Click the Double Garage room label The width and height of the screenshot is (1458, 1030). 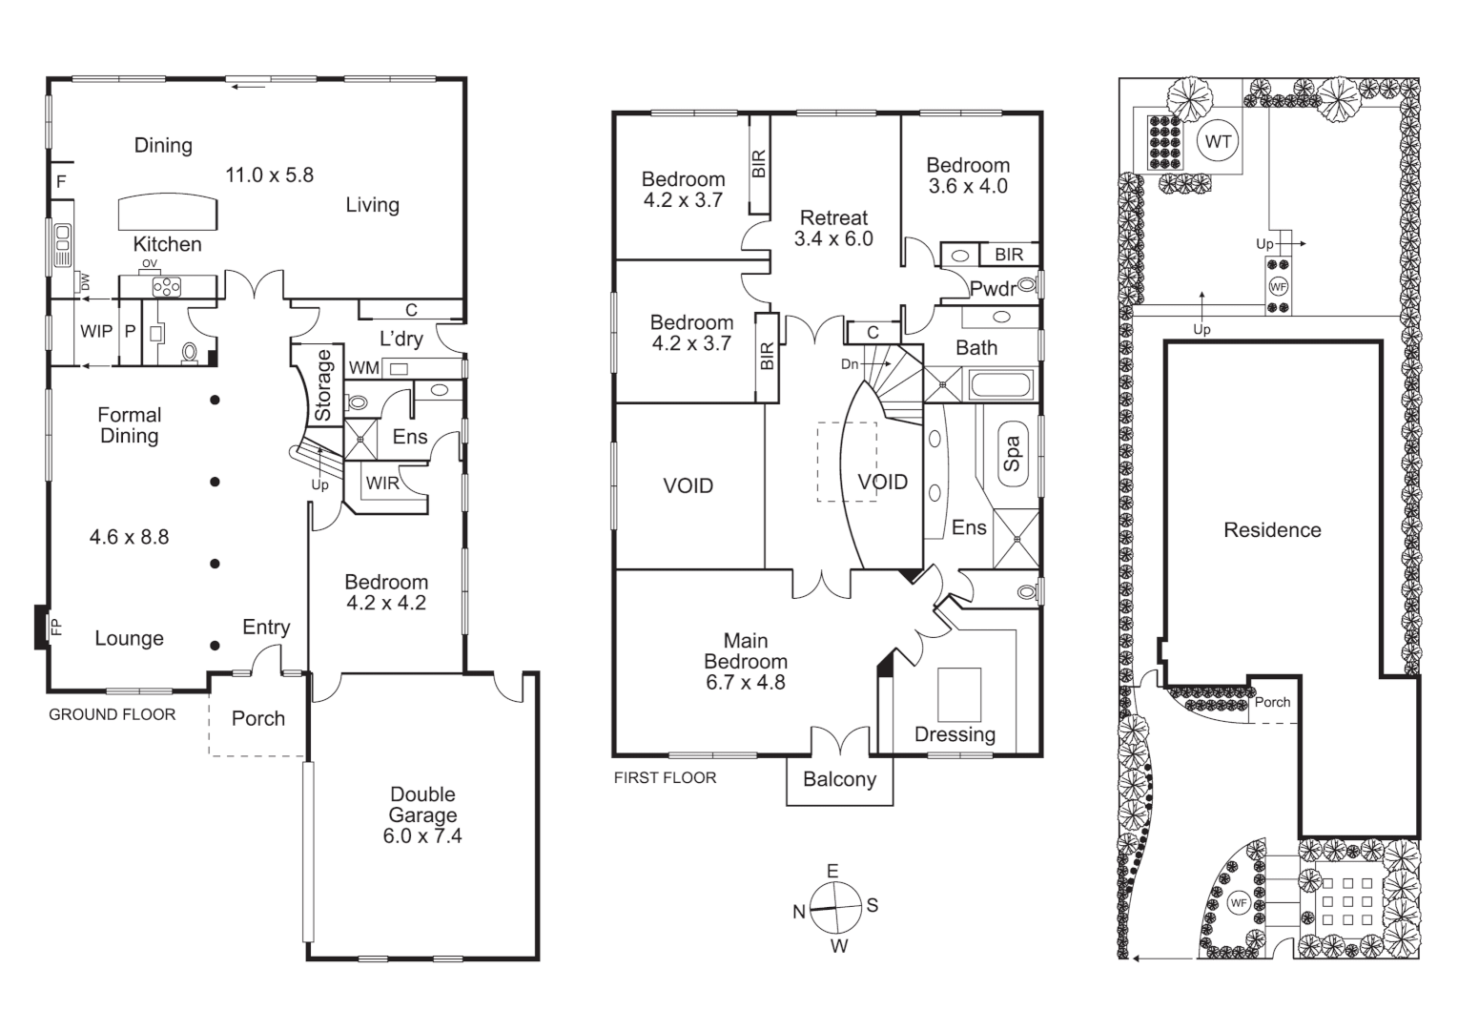422,804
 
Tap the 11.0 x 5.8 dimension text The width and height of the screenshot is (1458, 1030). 269,175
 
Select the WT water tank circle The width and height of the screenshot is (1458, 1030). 1218,142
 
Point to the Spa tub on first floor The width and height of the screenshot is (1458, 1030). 1013,454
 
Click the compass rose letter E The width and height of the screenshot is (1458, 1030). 832,871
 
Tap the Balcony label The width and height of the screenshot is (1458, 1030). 839,779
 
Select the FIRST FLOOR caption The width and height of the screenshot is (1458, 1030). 665,778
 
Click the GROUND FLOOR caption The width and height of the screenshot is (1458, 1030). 112,714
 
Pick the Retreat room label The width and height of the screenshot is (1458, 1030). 833,217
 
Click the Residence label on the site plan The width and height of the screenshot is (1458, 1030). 1272,530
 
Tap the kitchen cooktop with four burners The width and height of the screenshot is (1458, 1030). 167,285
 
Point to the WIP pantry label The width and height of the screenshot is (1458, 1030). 96,331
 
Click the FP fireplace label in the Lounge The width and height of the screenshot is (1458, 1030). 55,627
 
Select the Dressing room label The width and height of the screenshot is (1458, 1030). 955,734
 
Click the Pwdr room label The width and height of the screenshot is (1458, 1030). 992,289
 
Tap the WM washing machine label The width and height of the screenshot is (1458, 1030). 363,368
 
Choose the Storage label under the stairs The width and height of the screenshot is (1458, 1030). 323,386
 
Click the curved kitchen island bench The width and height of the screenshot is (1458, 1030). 167,212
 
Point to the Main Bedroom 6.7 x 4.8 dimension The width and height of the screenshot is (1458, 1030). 746,682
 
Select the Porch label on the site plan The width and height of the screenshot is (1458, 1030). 1272,702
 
